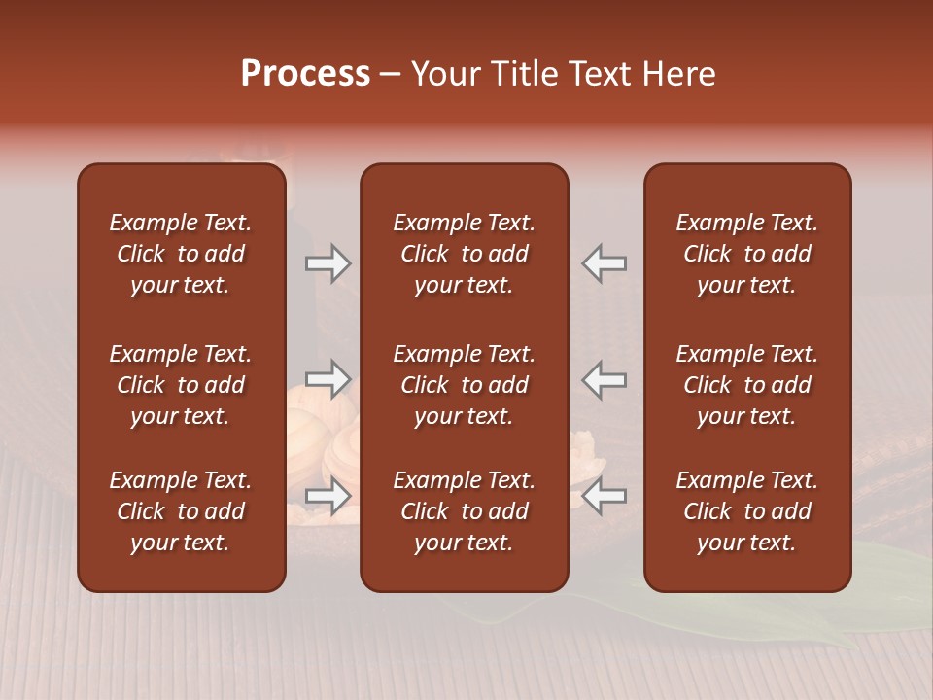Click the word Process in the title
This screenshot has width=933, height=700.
point(305,74)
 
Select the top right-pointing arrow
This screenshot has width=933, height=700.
point(328,263)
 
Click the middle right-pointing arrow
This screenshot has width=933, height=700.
point(328,378)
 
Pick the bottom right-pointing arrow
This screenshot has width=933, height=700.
point(328,496)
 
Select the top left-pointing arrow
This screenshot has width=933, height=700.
point(605,263)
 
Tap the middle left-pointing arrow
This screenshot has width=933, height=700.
point(605,378)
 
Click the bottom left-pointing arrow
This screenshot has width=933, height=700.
point(605,496)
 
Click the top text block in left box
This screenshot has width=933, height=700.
point(181,254)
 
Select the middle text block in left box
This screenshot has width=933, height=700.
point(181,385)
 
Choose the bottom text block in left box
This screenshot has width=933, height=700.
point(181,511)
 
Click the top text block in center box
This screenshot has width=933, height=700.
point(464,254)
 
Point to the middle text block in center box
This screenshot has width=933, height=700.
point(464,385)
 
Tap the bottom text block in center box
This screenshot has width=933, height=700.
point(464,511)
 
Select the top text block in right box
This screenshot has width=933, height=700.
point(746,254)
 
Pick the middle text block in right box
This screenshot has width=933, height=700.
point(746,385)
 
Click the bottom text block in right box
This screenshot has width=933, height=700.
point(746,511)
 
